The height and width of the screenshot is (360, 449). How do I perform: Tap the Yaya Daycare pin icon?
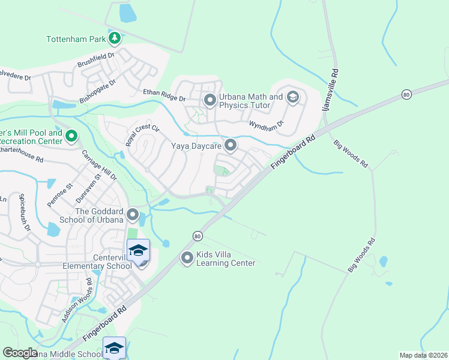point(231,145)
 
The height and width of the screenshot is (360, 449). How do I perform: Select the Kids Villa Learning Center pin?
point(187,258)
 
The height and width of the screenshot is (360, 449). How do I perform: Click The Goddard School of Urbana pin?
point(133,214)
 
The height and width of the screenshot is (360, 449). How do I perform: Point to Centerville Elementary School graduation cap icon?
point(138,250)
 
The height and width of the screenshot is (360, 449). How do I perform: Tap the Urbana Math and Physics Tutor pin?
point(209,100)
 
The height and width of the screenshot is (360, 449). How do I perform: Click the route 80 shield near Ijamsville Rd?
point(406,94)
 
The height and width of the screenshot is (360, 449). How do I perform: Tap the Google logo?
point(20,353)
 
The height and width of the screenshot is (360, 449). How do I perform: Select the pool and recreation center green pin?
point(71,136)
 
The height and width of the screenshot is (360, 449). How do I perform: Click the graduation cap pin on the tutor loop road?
point(293,97)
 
